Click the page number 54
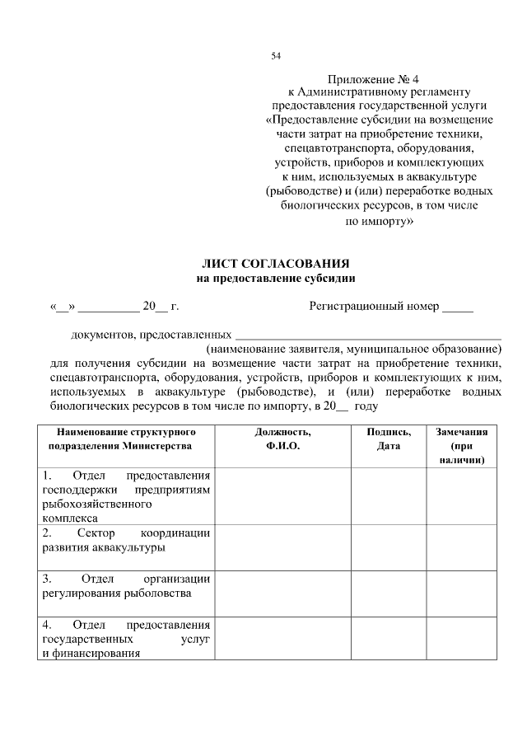(277, 56)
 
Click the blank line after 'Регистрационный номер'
(458, 308)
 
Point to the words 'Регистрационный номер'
(374, 307)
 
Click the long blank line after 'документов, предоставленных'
(368, 335)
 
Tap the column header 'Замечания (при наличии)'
(462, 445)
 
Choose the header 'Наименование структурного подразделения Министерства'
(124, 439)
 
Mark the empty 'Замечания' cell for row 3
(462, 592)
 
